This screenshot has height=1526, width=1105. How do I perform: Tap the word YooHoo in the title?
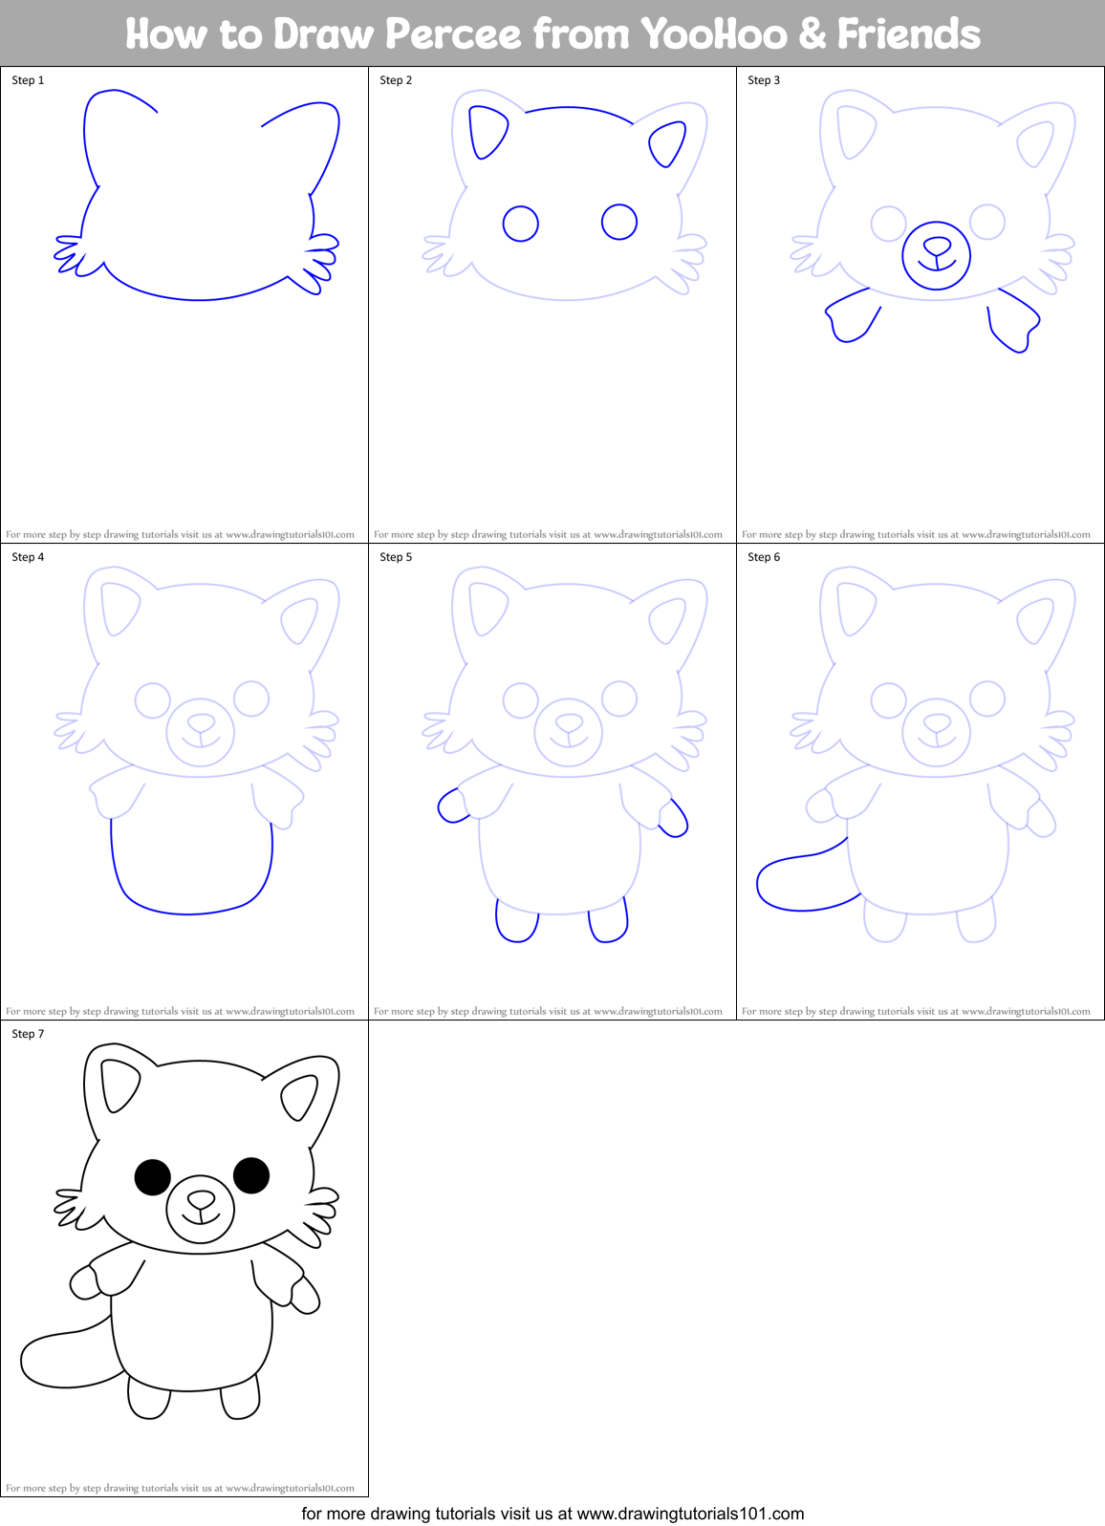point(714,34)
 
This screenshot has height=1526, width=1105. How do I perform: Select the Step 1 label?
point(28,80)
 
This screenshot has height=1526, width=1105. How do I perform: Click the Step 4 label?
point(28,557)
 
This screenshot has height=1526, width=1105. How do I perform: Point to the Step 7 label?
point(28,1034)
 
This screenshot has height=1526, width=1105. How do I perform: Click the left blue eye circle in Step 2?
point(521,224)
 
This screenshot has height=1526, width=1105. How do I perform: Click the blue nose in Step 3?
point(937,247)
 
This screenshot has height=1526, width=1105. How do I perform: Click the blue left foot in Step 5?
point(517,923)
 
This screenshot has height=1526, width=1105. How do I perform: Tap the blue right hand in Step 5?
point(674,818)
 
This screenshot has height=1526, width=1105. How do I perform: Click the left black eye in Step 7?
point(152,1177)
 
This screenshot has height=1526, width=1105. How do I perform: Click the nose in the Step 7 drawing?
point(201,1199)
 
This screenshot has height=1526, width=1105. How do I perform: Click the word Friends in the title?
point(908,34)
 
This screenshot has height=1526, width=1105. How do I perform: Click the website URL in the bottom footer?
point(690,1514)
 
